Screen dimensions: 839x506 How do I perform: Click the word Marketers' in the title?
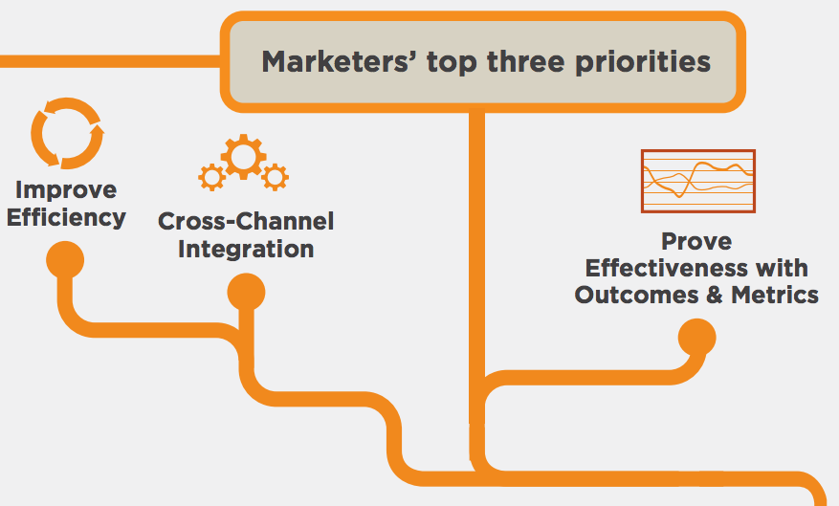point(336,61)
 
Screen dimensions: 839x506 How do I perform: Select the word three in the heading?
point(525,62)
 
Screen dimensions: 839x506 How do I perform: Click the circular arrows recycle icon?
point(67,133)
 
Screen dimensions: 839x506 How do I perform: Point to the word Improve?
point(66,190)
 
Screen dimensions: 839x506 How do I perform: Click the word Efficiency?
point(66,218)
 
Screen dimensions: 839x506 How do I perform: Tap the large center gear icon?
point(243,156)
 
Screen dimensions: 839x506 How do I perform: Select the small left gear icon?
point(211,177)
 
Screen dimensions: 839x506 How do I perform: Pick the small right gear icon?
point(275,177)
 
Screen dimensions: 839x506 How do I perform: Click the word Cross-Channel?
point(246,222)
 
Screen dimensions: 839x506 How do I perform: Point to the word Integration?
point(246,250)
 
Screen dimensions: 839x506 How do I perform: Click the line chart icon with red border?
point(698,182)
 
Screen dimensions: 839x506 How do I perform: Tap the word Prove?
point(696,241)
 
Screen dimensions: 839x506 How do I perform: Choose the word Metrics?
point(775,295)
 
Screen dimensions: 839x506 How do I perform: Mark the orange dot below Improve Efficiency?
point(65,260)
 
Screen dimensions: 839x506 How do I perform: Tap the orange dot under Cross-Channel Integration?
point(246,292)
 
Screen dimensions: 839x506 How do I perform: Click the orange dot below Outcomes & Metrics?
point(696,338)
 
